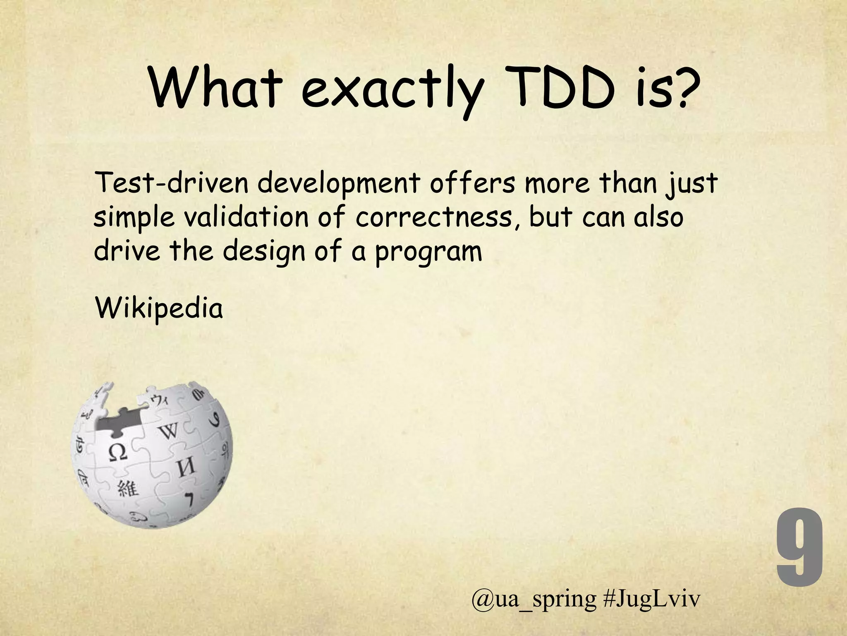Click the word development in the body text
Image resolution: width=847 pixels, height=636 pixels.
(x=339, y=184)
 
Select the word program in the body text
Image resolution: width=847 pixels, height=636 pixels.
(x=428, y=253)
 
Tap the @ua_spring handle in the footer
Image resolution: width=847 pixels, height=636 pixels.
(x=534, y=610)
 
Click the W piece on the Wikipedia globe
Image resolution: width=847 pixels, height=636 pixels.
(x=168, y=432)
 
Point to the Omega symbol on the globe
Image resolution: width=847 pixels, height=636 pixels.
(x=117, y=453)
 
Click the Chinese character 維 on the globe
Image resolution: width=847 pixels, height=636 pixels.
(x=128, y=489)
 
